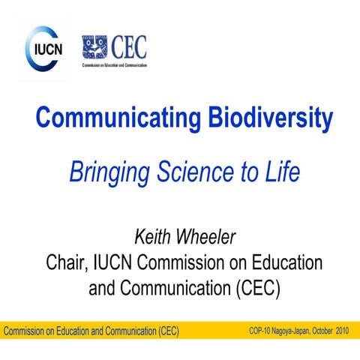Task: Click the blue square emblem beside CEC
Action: click(95, 47)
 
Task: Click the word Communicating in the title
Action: click(104, 118)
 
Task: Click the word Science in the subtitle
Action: click(188, 172)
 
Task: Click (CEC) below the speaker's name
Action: click(253, 288)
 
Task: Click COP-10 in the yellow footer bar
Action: click(263, 331)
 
